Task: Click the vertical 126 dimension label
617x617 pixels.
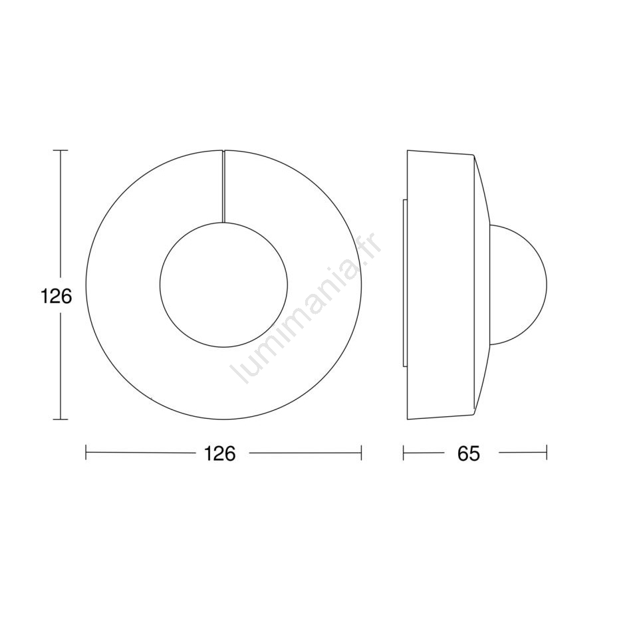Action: [x=57, y=297]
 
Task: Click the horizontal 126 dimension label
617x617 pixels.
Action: [x=219, y=453]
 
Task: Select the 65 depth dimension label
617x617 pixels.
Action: [x=469, y=453]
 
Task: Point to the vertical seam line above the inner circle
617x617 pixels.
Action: [x=223, y=185]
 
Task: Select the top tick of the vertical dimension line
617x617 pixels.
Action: [x=61, y=150]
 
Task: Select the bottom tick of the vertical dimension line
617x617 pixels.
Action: [x=61, y=420]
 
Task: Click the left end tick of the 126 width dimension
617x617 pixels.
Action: [x=86, y=453]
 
